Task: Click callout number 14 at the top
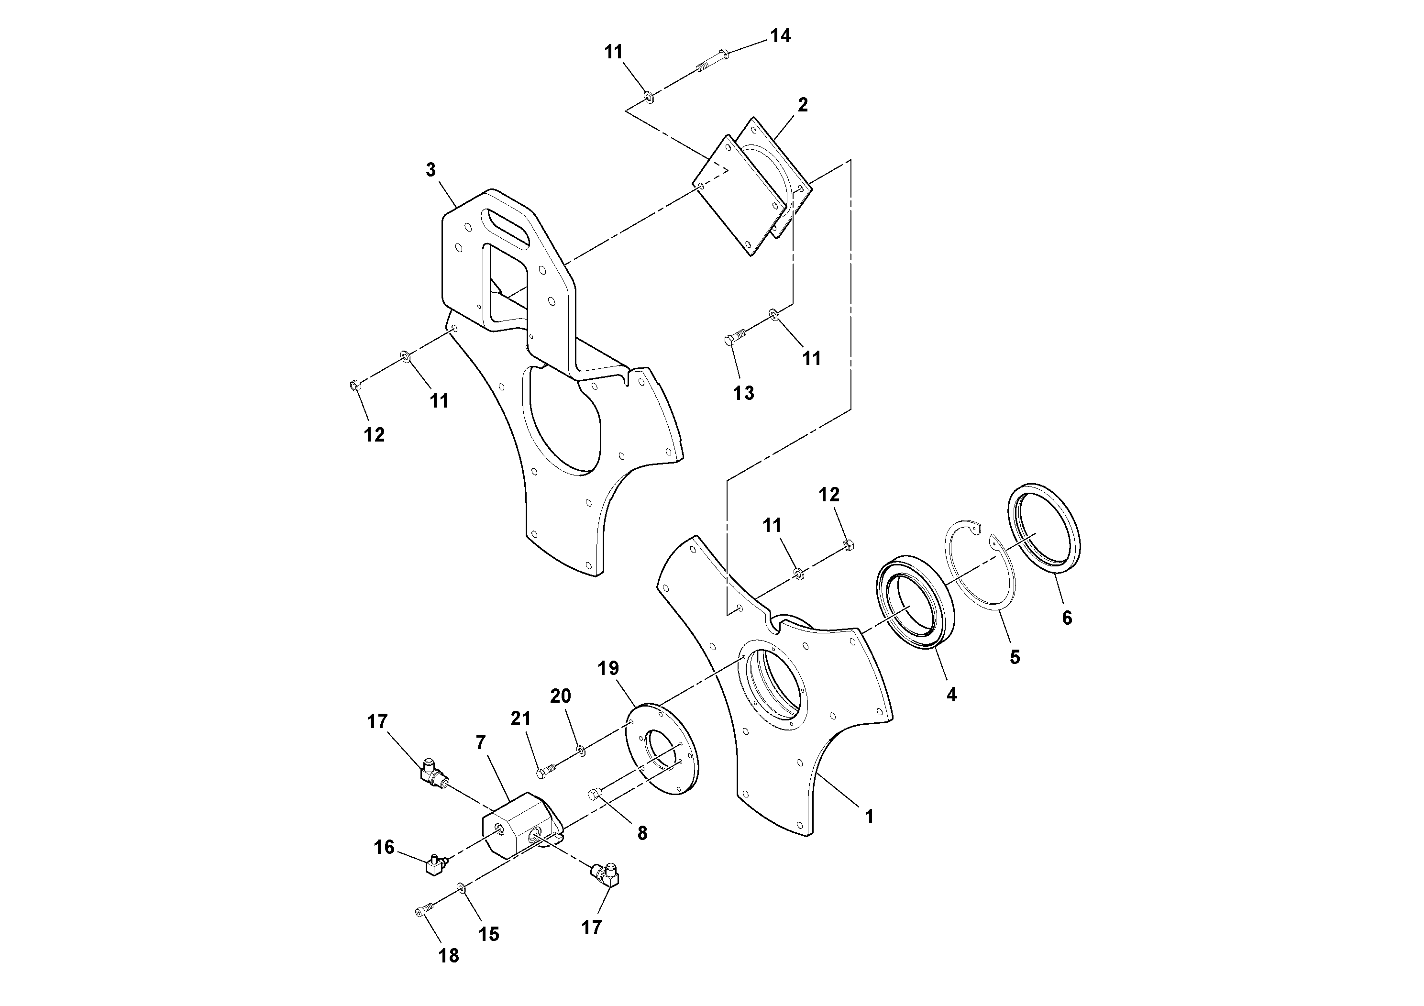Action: click(x=780, y=36)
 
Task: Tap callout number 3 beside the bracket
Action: click(x=431, y=170)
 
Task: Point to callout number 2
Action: click(x=803, y=105)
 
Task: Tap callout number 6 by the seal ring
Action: click(x=1067, y=618)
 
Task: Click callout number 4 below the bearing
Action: click(x=951, y=695)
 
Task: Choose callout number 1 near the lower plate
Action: click(x=869, y=817)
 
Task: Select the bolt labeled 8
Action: click(x=594, y=795)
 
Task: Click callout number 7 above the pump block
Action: click(x=481, y=742)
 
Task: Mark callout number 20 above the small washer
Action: click(x=560, y=696)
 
